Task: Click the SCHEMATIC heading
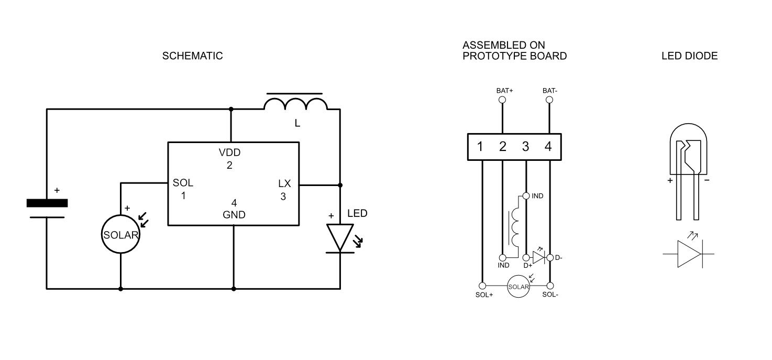[x=192, y=56]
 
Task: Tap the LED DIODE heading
[x=689, y=56]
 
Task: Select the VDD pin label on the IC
[x=229, y=153]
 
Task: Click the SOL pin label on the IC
[x=183, y=183]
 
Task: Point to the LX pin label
[x=284, y=184]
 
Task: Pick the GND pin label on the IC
[x=234, y=215]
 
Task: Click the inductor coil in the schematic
[x=295, y=104]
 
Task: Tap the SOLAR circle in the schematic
[x=121, y=235]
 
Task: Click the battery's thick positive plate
[x=47, y=203]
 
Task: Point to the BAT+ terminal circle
[x=502, y=100]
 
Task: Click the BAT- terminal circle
[x=549, y=100]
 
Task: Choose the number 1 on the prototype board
[x=480, y=147]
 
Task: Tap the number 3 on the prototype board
[x=525, y=147]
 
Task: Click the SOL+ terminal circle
[x=482, y=286]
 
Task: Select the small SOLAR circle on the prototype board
[x=519, y=287]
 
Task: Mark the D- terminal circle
[x=550, y=257]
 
